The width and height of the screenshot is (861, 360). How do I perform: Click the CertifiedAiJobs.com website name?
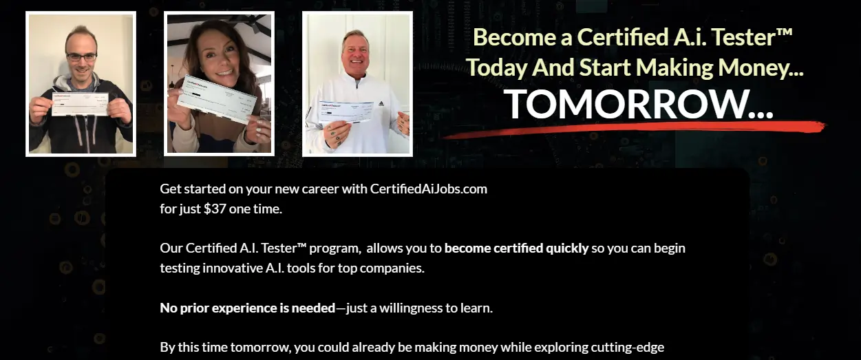428,189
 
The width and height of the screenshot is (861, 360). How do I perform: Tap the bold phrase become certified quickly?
516,248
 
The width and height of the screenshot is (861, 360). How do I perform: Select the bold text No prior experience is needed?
247,308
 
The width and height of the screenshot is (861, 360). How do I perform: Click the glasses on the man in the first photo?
81,57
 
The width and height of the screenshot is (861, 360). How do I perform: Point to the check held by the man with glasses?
80,104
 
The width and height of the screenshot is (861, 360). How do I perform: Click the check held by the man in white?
346,111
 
